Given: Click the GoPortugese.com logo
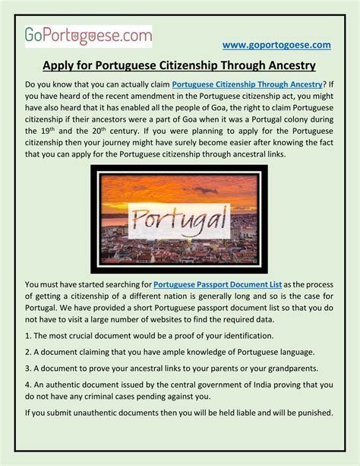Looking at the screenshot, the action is coord(87,35).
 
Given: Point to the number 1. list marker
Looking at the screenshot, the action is coord(28,335).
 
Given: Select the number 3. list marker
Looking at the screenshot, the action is coord(28,369).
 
